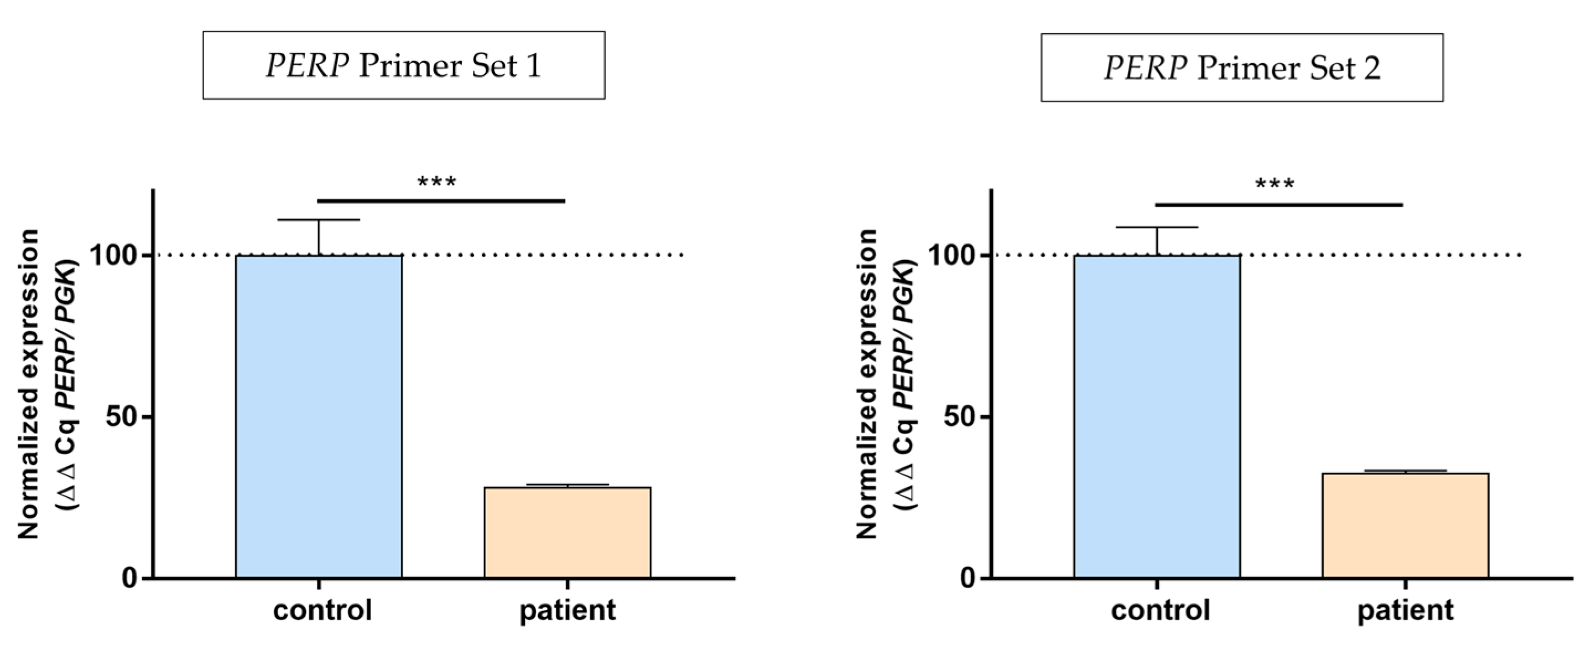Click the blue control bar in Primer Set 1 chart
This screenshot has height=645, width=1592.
coord(319,416)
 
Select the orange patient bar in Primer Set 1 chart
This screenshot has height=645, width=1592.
coord(568,533)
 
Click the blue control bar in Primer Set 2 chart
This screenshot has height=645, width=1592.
coord(1157,416)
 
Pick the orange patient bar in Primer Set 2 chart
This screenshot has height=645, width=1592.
coord(1406,525)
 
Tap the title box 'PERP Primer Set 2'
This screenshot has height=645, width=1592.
coord(1242,68)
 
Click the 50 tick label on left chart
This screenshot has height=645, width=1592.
coord(121,417)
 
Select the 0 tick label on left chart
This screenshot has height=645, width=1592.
coord(130,578)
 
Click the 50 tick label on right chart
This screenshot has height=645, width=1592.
coord(959,417)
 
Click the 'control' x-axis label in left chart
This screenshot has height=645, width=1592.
coord(322,610)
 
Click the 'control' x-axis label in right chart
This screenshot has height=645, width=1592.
coord(1160,610)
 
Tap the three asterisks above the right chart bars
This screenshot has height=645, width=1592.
coord(1274,184)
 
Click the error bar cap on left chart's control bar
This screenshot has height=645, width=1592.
coord(319,220)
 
